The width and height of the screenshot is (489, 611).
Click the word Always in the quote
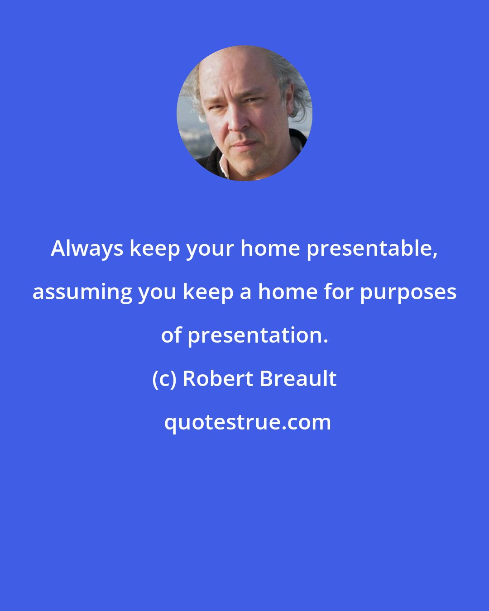pyautogui.click(x=87, y=248)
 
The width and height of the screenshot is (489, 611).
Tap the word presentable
pyautogui.click(x=372, y=248)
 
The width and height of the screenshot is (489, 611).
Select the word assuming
pyautogui.click(x=82, y=292)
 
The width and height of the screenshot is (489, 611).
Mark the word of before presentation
pyautogui.click(x=171, y=335)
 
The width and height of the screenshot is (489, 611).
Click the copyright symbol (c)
pyautogui.click(x=164, y=379)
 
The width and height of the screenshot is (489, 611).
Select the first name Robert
pyautogui.click(x=218, y=379)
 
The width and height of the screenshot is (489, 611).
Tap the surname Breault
pyautogui.click(x=298, y=379)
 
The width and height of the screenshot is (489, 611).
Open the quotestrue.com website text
pyautogui.click(x=247, y=422)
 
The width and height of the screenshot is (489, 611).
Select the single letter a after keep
pyautogui.click(x=245, y=292)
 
